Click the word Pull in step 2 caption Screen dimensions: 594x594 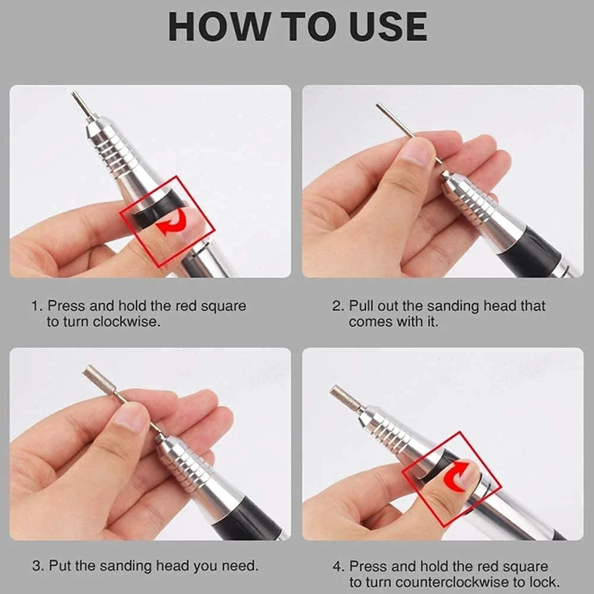pos(362,306)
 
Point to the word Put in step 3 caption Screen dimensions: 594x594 pos(61,566)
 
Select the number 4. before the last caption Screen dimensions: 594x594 pos(339,567)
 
